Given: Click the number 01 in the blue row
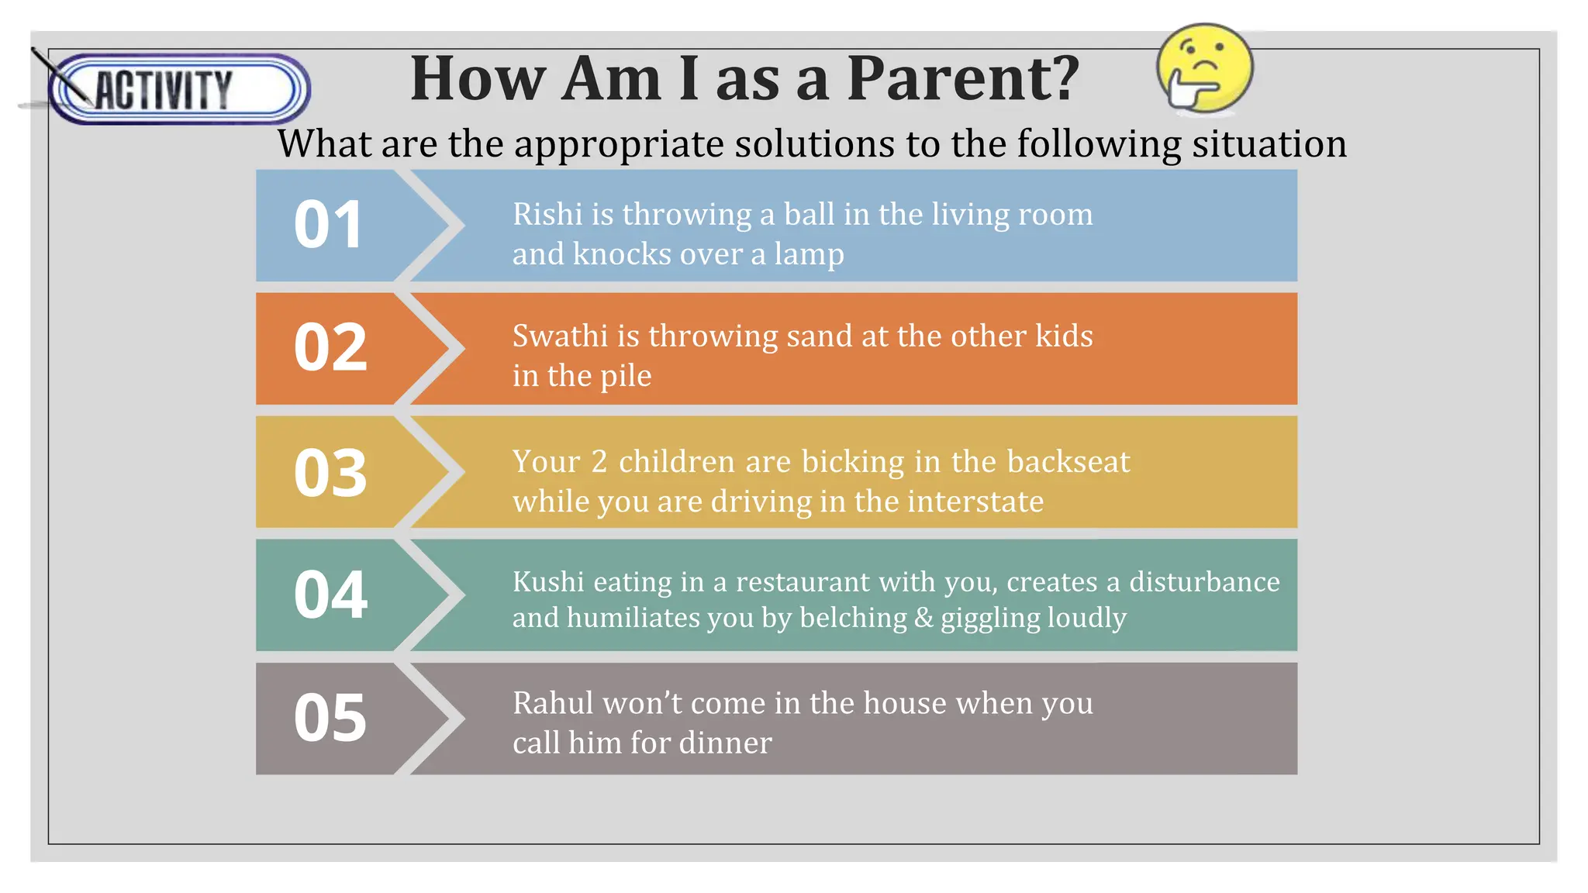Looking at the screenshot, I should click(329, 225).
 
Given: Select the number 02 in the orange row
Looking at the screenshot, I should click(330, 347).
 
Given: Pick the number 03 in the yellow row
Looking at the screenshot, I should click(330, 473).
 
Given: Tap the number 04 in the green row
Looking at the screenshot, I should click(330, 595).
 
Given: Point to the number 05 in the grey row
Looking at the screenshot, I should click(330, 718).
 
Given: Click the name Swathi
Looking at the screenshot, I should click(560, 336).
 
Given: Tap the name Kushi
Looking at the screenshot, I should click(548, 582).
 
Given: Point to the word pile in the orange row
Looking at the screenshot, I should click(626, 377).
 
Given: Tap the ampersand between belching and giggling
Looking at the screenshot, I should click(923, 619).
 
